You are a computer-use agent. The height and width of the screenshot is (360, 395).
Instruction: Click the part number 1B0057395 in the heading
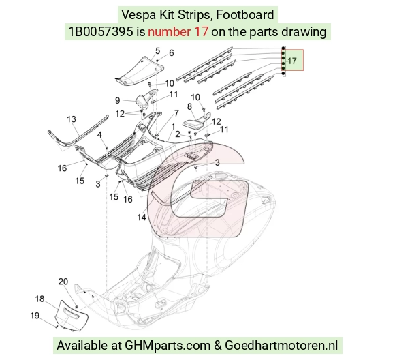101,32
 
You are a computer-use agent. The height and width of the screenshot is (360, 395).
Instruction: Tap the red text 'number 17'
178,32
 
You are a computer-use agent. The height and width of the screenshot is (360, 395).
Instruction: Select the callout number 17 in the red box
292,61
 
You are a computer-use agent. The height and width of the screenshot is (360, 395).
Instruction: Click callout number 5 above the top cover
158,50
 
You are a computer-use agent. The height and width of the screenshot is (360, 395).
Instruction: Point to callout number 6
172,52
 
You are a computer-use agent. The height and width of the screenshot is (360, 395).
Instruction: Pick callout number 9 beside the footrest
117,100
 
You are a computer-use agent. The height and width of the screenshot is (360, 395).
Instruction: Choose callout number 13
72,119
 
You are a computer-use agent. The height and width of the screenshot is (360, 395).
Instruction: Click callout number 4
99,135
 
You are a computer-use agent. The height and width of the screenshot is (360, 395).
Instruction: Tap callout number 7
176,113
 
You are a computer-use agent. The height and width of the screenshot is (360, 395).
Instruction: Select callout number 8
190,107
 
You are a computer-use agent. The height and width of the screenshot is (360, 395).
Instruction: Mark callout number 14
142,217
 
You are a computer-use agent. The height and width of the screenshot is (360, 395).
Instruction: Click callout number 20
63,282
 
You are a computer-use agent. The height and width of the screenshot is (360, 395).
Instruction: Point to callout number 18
39,299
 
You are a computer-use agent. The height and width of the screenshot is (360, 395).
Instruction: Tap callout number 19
35,316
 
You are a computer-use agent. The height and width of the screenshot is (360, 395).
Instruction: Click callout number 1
173,127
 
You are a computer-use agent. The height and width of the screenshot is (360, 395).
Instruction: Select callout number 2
178,134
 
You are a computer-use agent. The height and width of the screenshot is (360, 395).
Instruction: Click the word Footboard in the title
245,14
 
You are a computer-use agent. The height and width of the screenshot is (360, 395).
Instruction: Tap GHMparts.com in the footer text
168,345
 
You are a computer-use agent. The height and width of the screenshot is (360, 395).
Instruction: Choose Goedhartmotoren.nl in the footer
281,345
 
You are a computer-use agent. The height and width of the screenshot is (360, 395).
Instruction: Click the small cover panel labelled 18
71,316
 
